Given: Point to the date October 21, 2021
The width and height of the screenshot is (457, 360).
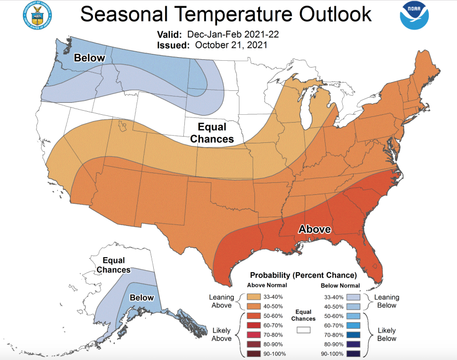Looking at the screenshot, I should [x=232, y=45].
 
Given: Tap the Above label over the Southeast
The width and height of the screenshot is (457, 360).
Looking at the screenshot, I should [x=314, y=229].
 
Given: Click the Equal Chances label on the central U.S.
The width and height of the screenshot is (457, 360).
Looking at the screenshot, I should [x=212, y=132].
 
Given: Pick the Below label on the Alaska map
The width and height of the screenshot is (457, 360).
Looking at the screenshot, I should [x=142, y=298].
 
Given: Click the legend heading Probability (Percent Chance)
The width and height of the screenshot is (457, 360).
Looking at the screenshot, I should [x=303, y=275].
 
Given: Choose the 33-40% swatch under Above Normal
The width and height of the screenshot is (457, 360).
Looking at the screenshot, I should [x=254, y=297].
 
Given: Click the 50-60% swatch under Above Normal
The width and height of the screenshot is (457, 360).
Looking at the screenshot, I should [x=254, y=315].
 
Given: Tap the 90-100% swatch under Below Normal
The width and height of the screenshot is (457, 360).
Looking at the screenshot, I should [x=356, y=354].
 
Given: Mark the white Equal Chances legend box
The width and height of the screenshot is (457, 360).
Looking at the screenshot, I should [x=303, y=330].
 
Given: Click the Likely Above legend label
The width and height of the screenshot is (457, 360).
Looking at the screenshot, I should [x=222, y=334].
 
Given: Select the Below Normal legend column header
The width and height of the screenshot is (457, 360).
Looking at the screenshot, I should [x=340, y=285].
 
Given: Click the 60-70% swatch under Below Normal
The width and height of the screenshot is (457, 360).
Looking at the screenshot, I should [x=356, y=325].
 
